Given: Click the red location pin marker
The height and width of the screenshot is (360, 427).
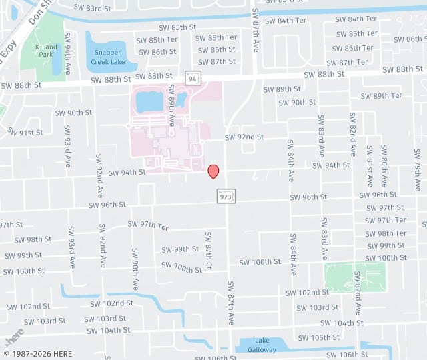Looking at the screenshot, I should pyautogui.click(x=213, y=171).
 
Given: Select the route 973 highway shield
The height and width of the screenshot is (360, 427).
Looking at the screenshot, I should pyautogui.click(x=226, y=196).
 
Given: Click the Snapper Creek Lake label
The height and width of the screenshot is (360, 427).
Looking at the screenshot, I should pyautogui.click(x=108, y=57).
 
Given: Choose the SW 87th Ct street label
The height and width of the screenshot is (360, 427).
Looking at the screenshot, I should pyautogui.click(x=209, y=250).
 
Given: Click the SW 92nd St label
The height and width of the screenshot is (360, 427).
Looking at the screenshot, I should pyautogui.click(x=244, y=137).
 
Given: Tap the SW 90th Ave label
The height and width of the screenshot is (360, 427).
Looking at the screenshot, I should pyautogui.click(x=135, y=269).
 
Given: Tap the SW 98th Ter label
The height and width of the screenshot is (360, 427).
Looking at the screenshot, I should pyautogui.click(x=386, y=233).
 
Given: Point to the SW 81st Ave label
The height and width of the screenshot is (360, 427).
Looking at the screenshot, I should pyautogui.click(x=369, y=172).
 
